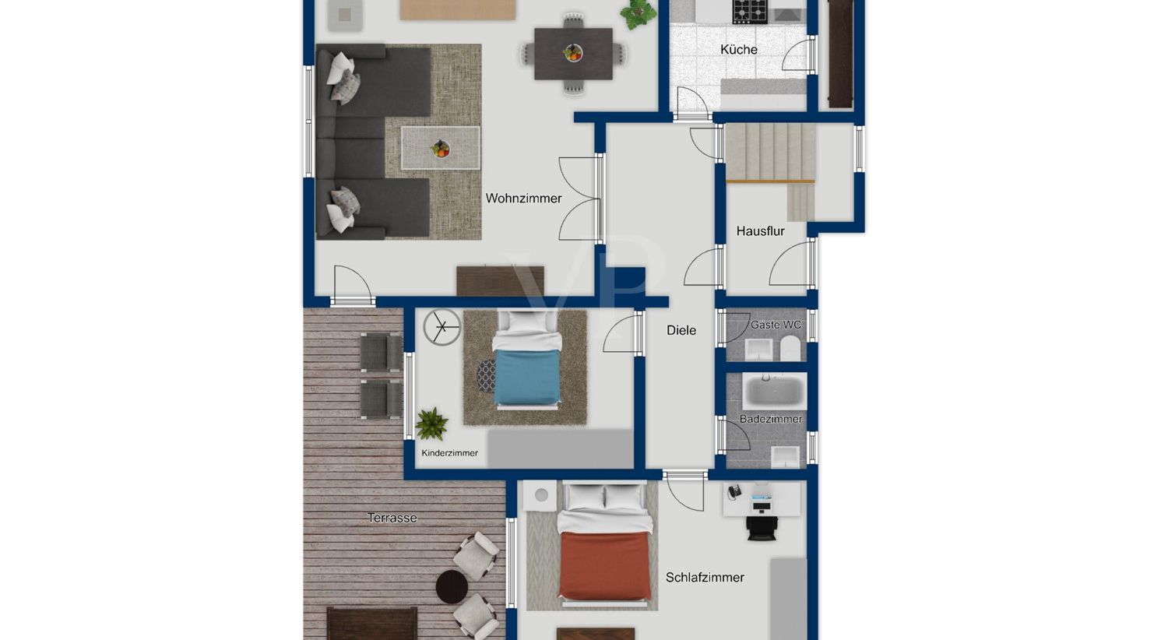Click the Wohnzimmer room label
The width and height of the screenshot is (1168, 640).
click(x=523, y=199)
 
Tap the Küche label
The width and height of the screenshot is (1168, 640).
click(x=739, y=50)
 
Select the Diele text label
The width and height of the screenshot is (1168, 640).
click(x=681, y=330)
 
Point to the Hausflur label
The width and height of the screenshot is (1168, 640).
click(x=760, y=231)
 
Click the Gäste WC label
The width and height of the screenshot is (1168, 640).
click(x=776, y=325)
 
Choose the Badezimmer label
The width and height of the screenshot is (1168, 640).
click(x=771, y=419)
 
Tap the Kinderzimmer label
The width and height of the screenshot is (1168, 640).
click(x=449, y=453)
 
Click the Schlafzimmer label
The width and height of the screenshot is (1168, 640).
click(x=705, y=578)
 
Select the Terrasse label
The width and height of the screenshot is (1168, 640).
click(x=392, y=518)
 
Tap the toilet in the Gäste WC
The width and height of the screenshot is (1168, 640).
click(x=790, y=347)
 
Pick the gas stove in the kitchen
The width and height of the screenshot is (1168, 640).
click(x=750, y=12)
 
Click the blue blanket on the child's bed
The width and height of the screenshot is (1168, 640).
click(x=526, y=378)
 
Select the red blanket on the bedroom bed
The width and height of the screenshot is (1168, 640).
click(x=605, y=565)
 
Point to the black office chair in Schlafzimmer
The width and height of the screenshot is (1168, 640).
click(x=762, y=527)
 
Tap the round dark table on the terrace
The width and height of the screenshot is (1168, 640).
click(x=452, y=587)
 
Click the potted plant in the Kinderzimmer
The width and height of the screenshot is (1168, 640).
click(x=431, y=424)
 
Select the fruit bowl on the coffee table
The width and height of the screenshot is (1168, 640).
click(x=441, y=149)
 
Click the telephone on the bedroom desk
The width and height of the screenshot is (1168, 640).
click(x=734, y=491)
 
